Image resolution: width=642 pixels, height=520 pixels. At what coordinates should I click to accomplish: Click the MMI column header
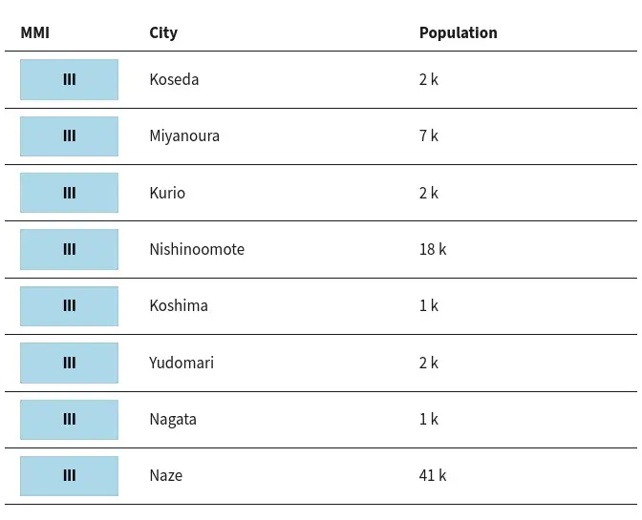[34, 32]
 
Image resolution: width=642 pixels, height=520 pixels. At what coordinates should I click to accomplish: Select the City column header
[163, 33]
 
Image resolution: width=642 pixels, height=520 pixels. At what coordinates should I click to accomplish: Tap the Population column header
[459, 33]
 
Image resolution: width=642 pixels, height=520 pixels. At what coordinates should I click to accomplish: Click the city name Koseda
[174, 79]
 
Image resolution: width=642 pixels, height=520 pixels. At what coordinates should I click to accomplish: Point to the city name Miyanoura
[184, 136]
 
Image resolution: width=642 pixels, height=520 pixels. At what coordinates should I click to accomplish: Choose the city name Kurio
[167, 193]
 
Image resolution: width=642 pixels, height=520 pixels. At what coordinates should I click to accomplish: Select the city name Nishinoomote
[197, 249]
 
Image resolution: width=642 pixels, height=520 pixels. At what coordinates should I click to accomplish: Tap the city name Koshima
[179, 305]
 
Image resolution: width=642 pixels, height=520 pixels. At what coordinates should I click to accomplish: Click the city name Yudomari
[182, 363]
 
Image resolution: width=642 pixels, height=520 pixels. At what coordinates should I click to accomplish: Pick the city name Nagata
[173, 420]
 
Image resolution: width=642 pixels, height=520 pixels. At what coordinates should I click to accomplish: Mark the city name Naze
[166, 475]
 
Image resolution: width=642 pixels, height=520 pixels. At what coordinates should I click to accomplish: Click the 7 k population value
[429, 135]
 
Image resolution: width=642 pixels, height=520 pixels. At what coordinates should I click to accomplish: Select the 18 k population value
[433, 249]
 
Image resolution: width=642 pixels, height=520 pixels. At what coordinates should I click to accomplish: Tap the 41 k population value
[433, 475]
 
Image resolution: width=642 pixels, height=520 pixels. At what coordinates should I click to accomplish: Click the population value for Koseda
[429, 79]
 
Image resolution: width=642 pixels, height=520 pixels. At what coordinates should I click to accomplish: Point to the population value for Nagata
[429, 419]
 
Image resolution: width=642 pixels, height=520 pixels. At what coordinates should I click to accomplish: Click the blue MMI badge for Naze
[69, 476]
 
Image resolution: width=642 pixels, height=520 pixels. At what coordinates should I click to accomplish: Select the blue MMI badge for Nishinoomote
[69, 249]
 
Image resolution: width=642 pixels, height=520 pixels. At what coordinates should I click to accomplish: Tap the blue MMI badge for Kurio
[69, 193]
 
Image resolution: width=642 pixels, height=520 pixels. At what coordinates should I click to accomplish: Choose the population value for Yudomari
[429, 363]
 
